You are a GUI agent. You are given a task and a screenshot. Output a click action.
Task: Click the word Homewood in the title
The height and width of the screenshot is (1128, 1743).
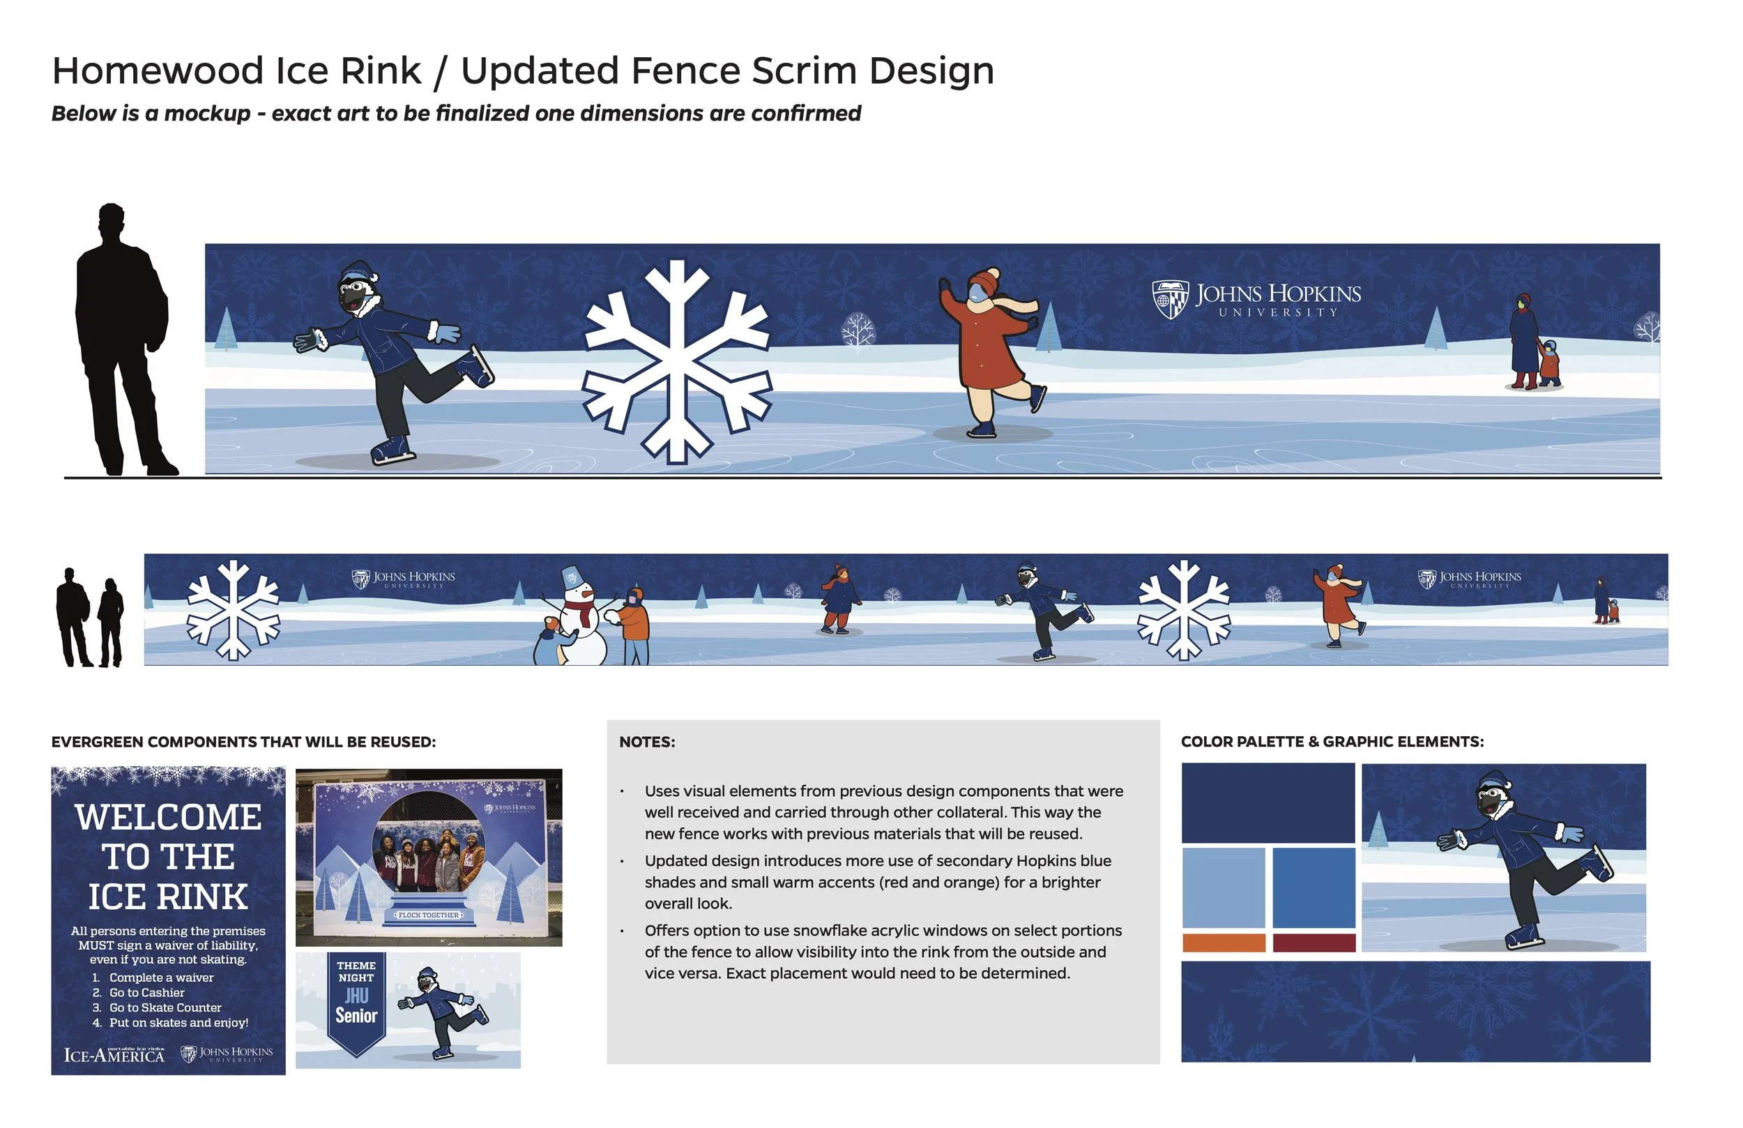158,71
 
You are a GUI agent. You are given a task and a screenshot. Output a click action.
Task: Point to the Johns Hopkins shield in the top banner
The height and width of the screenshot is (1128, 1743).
1170,299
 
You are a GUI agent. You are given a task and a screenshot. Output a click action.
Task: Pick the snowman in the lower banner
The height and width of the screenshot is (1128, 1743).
583,619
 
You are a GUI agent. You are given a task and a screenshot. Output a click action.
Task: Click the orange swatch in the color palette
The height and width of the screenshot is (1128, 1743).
1224,943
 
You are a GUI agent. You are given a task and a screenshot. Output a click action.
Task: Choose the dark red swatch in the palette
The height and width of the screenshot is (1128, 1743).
1314,943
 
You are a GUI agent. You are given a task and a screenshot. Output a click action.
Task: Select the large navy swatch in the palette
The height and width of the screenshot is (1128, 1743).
1268,803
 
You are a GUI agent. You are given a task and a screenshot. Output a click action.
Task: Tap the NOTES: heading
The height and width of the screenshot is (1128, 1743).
647,742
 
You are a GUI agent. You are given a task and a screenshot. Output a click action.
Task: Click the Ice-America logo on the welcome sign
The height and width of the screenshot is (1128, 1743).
114,1055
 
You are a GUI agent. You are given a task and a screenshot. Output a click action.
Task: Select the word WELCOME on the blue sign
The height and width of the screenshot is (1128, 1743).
169,818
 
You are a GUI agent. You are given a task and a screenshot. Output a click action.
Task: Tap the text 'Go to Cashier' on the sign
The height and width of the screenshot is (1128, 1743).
146,993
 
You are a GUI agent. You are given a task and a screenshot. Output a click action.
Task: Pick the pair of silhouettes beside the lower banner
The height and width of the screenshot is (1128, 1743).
89,618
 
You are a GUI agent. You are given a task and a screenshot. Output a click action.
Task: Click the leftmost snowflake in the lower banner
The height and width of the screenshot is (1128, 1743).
233,610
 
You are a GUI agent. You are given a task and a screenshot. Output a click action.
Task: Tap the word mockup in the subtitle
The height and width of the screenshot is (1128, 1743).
207,114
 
